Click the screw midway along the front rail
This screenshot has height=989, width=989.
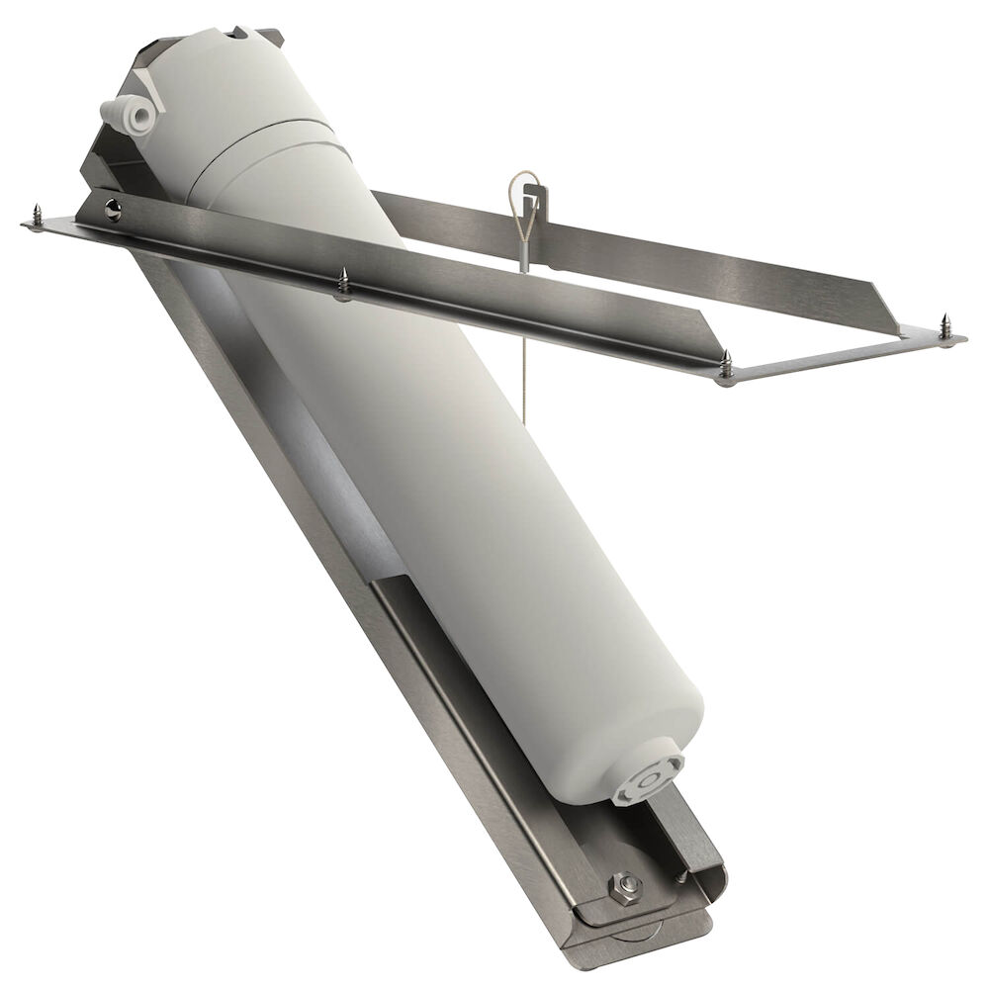[x=343, y=283]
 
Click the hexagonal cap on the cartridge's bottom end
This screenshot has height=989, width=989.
[x=648, y=778]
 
